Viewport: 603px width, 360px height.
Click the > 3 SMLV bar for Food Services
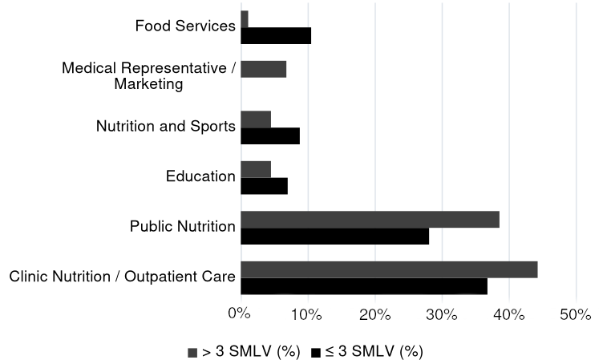[245, 19]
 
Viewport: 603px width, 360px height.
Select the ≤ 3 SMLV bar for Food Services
[276, 35]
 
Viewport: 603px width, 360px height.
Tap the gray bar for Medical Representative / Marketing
[263, 69]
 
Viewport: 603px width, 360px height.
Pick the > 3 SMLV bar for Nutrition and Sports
[256, 119]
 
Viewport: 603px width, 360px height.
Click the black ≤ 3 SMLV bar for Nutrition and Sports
[270, 136]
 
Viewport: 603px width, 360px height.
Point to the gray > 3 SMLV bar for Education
[256, 169]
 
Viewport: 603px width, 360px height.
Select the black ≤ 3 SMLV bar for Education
[264, 186]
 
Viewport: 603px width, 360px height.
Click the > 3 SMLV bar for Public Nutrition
[370, 219]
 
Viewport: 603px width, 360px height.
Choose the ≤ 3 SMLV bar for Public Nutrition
[334, 236]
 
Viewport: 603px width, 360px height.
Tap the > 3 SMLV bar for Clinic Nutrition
[389, 269]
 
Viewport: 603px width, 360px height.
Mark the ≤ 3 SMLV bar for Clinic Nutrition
[363, 286]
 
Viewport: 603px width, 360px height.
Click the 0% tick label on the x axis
[240, 313]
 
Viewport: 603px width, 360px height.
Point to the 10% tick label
[306, 313]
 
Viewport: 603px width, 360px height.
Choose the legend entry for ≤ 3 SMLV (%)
[366, 351]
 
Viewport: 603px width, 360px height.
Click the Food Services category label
[185, 26]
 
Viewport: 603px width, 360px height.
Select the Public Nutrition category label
[182, 227]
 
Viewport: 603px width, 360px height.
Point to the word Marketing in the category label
[148, 83]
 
